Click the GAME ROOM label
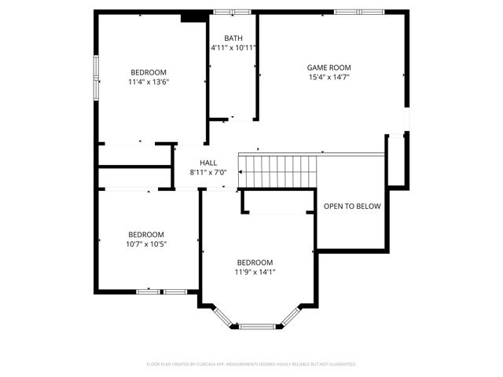pyautogui.click(x=329, y=68)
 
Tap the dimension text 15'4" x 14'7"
pyautogui.click(x=329, y=77)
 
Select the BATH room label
pyautogui.click(x=233, y=38)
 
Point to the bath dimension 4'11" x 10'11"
pyautogui.click(x=233, y=48)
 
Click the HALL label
pyautogui.click(x=207, y=163)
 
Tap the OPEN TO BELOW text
pyautogui.click(x=352, y=207)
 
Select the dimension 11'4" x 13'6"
pyautogui.click(x=149, y=81)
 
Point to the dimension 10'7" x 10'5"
pyautogui.click(x=147, y=243)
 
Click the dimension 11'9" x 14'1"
pyautogui.click(x=255, y=272)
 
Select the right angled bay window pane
pyautogui.click(x=290, y=315)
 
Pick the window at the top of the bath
pyautogui.click(x=233, y=12)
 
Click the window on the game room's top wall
pyautogui.click(x=359, y=12)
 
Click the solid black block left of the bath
pyautogui.click(x=191, y=16)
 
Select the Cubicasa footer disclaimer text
pyautogui.click(x=251, y=364)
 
